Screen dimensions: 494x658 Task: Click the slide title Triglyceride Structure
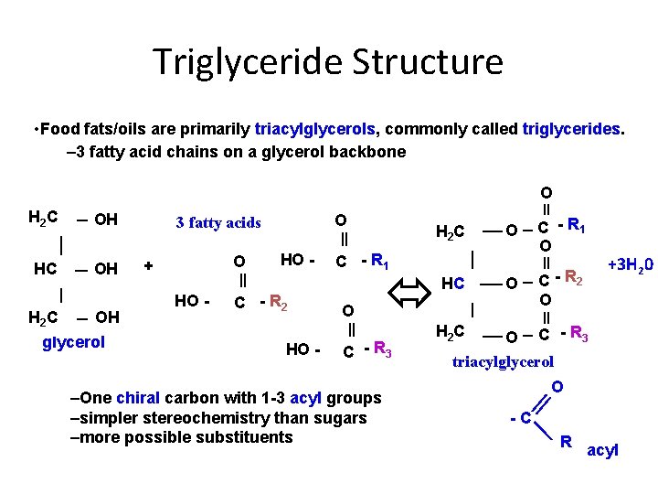click(x=328, y=62)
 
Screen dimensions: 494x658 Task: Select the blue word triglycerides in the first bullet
click(x=573, y=129)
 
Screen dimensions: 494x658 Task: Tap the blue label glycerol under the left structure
click(x=75, y=341)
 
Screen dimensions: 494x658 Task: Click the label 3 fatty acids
click(x=218, y=222)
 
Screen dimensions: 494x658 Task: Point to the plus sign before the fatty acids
click(x=149, y=266)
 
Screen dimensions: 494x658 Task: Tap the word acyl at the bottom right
click(x=602, y=450)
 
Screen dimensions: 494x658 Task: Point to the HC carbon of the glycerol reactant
click(x=46, y=268)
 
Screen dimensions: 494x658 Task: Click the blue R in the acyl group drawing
click(x=567, y=443)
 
